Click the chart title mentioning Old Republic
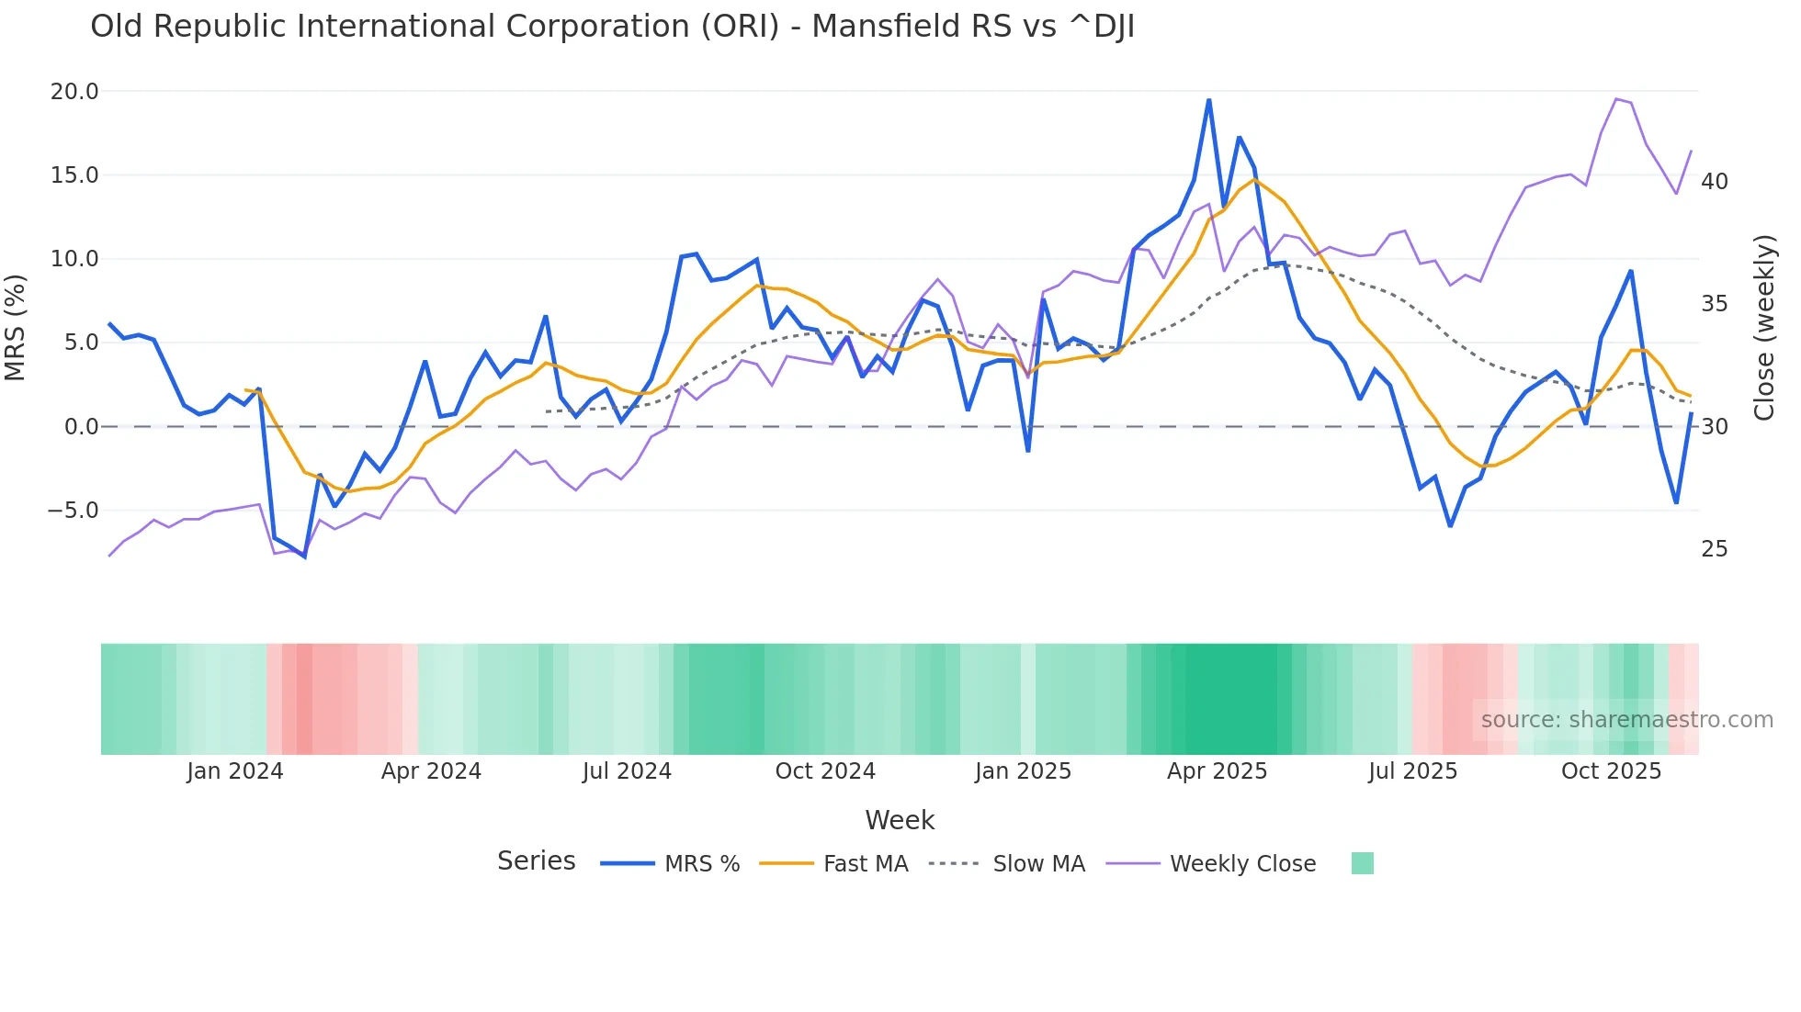coord(612,27)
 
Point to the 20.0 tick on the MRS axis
coord(74,92)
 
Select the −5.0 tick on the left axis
coord(73,511)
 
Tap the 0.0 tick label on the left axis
coord(81,427)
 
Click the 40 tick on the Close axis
coord(1715,182)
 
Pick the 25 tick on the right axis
coord(1715,549)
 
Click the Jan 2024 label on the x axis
coord(234,771)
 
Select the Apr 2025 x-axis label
coord(1217,771)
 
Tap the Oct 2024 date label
coord(825,771)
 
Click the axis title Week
coord(900,820)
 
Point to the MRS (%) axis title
coord(16,328)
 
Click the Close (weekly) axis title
coord(1763,328)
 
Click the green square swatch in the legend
coord(1363,863)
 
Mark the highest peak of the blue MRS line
coord(1208,99)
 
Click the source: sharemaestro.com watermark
coord(1626,720)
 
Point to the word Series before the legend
coord(536,861)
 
